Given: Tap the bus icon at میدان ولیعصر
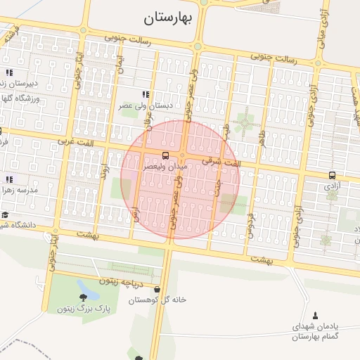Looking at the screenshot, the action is pyautogui.click(x=165, y=155).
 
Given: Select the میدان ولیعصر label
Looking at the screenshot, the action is pyautogui.click(x=166, y=167).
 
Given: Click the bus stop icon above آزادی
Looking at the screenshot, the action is pyautogui.click(x=331, y=175).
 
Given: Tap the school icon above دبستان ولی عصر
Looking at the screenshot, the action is pyautogui.click(x=146, y=94).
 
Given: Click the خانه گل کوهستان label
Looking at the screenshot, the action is pyautogui.click(x=157, y=300).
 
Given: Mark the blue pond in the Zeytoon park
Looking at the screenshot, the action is pyautogui.click(x=87, y=286).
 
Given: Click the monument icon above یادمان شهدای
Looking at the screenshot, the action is pyautogui.click(x=314, y=316).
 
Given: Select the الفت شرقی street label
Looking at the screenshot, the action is pyautogui.click(x=221, y=162).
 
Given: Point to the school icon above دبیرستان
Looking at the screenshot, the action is pyautogui.click(x=9, y=72).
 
